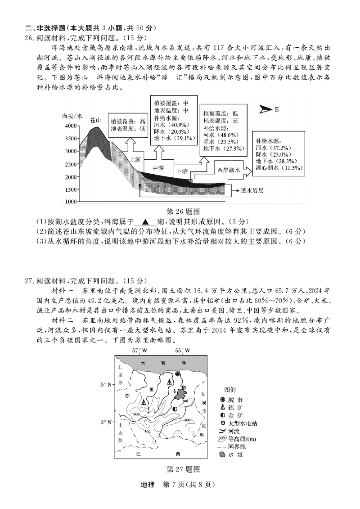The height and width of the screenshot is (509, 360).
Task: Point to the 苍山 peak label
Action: (x=95, y=120)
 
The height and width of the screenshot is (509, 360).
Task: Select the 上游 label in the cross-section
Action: (x=136, y=159)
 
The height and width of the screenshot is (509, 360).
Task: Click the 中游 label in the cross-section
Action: (x=158, y=168)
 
